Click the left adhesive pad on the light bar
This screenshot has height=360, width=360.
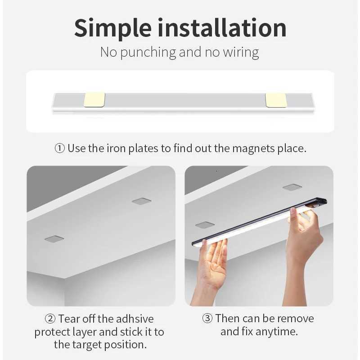pos(94,100)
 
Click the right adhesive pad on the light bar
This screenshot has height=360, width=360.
pos(276,100)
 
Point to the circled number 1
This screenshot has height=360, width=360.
pos(60,148)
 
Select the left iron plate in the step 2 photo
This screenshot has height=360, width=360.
pos(54,238)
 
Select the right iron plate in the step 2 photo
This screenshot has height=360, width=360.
pos(141,201)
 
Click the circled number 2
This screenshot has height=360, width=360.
pos(50,319)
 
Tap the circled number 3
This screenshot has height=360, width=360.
pos(207,319)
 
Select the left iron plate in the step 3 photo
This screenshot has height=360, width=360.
pos(205,225)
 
